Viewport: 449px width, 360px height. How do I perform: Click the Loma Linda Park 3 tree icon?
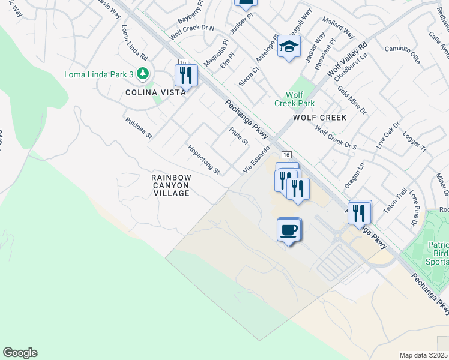coord(142,74)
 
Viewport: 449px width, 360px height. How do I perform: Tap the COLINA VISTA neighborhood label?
coord(151,92)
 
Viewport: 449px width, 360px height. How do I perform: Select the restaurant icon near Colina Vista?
coord(186,75)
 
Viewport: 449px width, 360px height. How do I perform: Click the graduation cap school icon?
coord(289,47)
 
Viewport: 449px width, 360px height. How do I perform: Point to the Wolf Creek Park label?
coord(300,99)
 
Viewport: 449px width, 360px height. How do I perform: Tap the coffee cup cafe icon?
coord(289,229)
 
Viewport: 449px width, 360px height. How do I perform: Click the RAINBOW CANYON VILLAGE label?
coord(171,185)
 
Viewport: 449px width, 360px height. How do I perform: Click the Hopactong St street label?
coord(204,160)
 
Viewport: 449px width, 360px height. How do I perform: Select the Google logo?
coord(20,353)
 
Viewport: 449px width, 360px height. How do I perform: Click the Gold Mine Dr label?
coord(352,100)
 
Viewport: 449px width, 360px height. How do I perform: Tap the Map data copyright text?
coord(424,355)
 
